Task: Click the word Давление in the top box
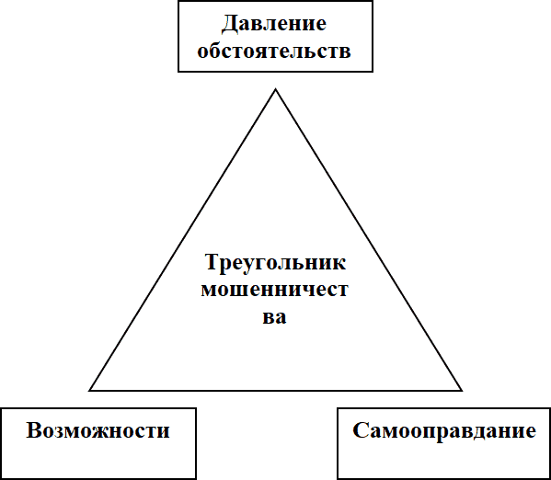pos(274,24)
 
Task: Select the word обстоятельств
pos(274,51)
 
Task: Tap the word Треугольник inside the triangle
pos(275,263)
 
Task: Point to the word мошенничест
pos(274,290)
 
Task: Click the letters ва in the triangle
pos(274,317)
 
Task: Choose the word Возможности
pos(98,430)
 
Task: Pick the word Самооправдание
pos(444,431)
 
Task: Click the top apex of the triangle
pos(276,89)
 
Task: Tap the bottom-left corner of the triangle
pos(90,390)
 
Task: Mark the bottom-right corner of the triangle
pos(462,390)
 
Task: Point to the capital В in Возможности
pos(34,430)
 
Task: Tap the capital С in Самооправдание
pos(361,430)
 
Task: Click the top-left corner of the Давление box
pos(178,2)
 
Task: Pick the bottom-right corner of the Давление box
pos(373,72)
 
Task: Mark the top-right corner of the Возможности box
pos(195,408)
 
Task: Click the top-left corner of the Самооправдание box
pos(338,408)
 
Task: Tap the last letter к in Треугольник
pos(339,264)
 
